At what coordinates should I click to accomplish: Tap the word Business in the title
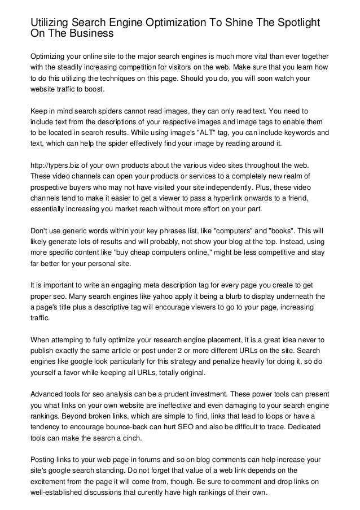(x=88, y=33)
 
